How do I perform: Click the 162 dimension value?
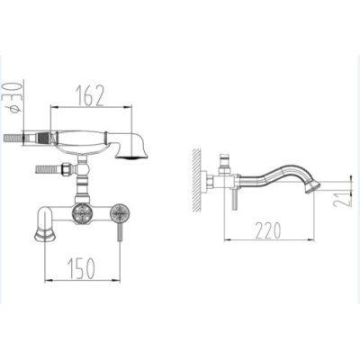(x=90, y=96)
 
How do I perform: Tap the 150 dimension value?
(x=82, y=268)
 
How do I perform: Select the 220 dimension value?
(x=268, y=230)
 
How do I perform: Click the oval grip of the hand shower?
(x=80, y=139)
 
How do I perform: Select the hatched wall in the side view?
(x=197, y=180)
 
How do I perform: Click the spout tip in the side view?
(x=312, y=187)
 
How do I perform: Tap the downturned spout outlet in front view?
(x=45, y=233)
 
